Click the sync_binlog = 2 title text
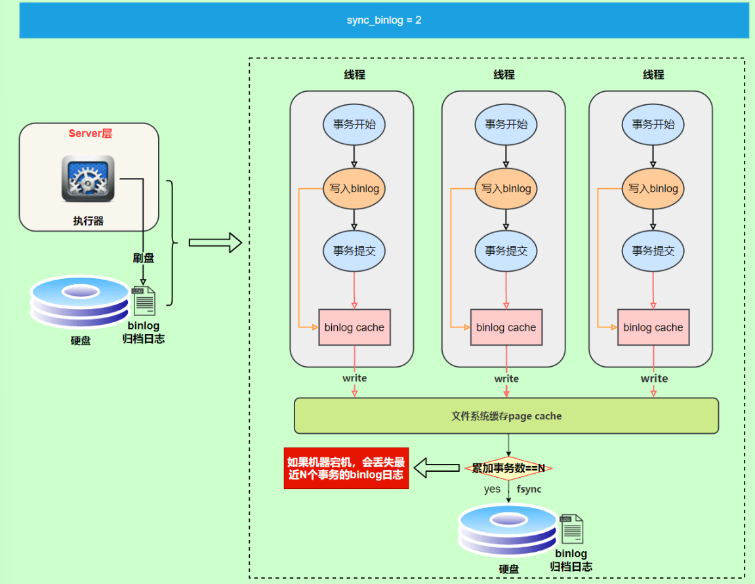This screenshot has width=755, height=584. tap(384, 20)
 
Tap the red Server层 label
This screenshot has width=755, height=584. tap(90, 134)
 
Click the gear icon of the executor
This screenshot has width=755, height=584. tap(88, 178)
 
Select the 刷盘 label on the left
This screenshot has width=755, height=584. tap(144, 258)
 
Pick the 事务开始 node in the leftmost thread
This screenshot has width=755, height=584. tap(354, 124)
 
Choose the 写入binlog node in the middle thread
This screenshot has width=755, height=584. tap(506, 188)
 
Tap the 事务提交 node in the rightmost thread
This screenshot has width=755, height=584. tap(653, 250)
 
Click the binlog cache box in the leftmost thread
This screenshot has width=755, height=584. tap(354, 327)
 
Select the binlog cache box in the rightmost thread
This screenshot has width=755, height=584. tap(653, 327)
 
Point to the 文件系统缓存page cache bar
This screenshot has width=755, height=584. tap(506, 416)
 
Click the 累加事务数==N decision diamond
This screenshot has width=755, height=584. tap(508, 469)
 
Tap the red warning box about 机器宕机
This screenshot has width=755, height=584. tap(346, 469)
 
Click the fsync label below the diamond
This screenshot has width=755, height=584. tap(529, 489)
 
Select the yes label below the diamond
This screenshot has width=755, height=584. tap(492, 489)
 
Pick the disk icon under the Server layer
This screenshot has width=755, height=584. tap(80, 303)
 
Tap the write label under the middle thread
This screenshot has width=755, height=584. tap(506, 379)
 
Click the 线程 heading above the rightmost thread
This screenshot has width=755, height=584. tap(653, 75)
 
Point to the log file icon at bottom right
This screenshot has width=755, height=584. tap(571, 529)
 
